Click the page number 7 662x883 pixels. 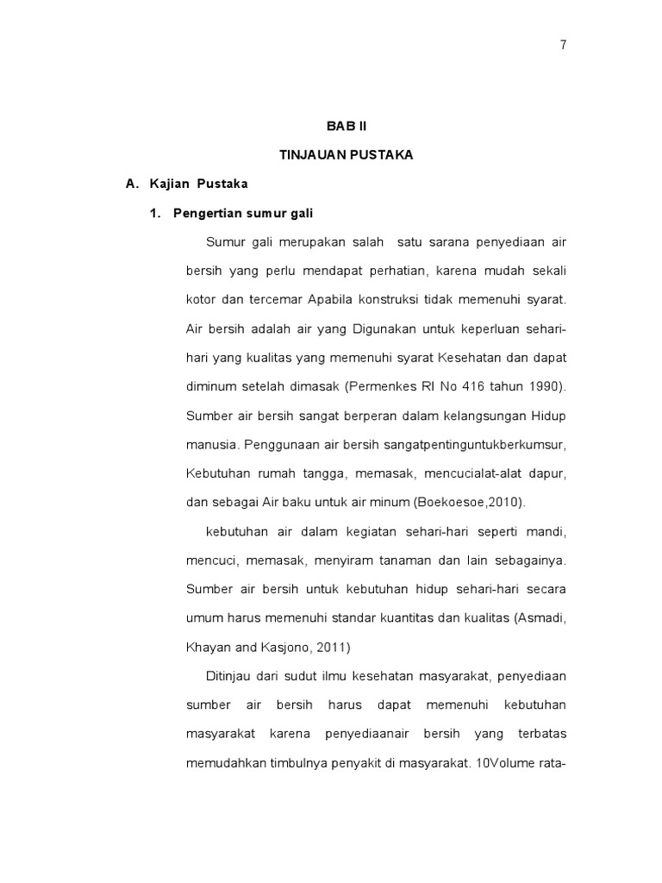click(563, 46)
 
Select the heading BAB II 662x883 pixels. click(346, 126)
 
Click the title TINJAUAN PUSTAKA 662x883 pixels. click(346, 155)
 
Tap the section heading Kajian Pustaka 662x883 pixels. click(198, 184)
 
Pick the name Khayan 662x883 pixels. click(206, 647)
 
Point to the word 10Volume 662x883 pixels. click(503, 762)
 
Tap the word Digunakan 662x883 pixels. click(380, 329)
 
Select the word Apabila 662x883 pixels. click(328, 299)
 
